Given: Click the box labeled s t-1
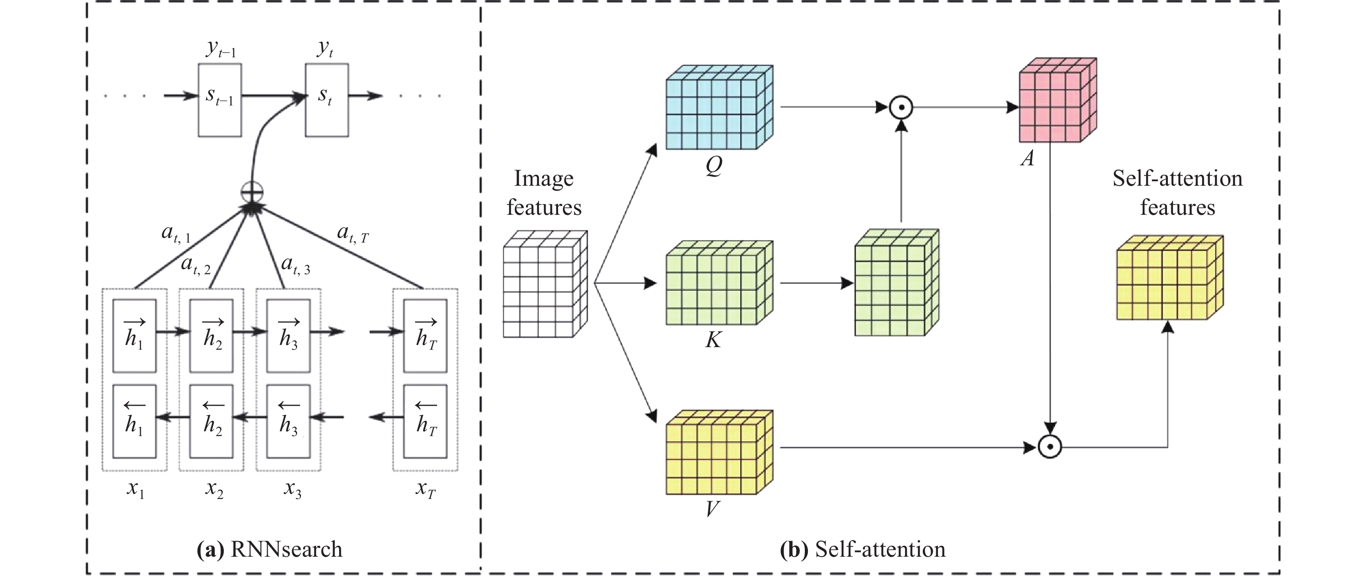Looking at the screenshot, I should click(219, 100).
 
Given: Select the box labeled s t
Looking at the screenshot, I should click(326, 100).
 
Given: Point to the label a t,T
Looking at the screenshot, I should click(353, 233).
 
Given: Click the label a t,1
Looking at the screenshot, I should click(176, 233).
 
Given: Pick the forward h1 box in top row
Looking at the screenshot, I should click(135, 336).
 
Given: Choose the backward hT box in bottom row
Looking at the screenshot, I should click(425, 421).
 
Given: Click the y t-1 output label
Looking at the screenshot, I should click(221, 49).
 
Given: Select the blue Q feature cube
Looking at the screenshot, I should click(719, 108).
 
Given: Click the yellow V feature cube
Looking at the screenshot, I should click(719, 453).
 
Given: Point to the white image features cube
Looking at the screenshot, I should click(545, 284).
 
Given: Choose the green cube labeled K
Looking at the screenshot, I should click(719, 283).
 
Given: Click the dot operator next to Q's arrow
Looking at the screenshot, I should click(901, 108).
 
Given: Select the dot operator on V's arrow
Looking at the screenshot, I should click(1050, 447).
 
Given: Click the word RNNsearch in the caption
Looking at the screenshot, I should click(286, 549).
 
